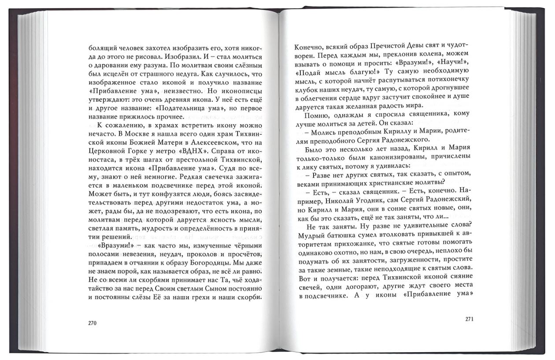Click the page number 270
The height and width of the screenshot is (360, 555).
click(92, 323)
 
